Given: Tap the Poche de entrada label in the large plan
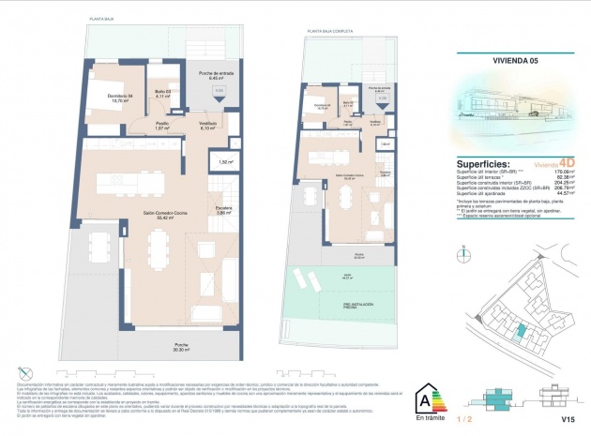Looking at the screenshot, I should point(215,75).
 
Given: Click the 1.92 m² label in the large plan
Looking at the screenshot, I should point(224,162).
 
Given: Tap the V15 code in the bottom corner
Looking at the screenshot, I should point(568,419).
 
